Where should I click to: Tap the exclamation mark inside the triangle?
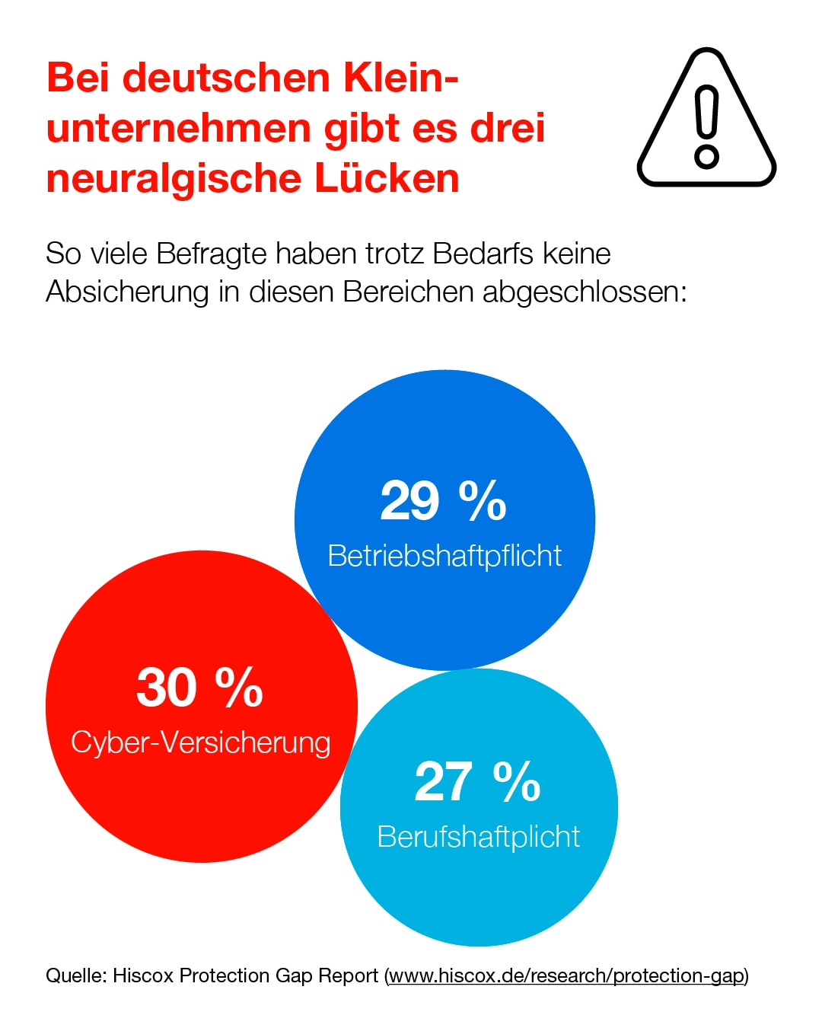tap(707, 126)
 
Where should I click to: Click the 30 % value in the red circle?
tap(199, 688)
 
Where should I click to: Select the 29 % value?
tap(443, 501)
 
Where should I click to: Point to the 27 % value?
tap(477, 782)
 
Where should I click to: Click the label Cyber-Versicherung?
tap(201, 742)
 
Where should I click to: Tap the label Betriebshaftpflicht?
tap(444, 556)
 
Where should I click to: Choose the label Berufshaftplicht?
tap(479, 837)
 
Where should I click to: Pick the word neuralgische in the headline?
tap(174, 180)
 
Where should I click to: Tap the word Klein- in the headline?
tap(401, 78)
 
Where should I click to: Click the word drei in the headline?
tap(508, 128)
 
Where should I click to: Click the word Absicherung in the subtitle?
tap(127, 292)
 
